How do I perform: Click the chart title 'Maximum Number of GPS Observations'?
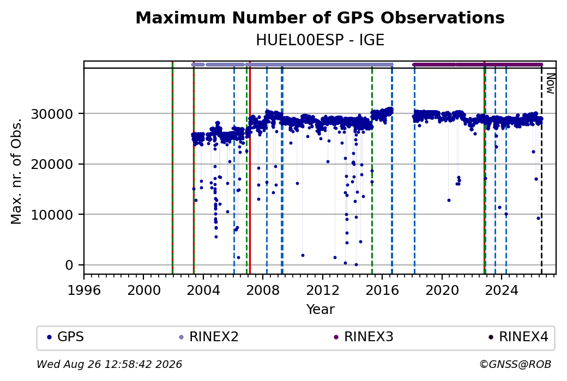(x=319, y=17)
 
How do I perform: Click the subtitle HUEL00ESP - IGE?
(x=319, y=40)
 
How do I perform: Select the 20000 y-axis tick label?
(x=52, y=165)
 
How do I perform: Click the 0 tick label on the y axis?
(x=69, y=265)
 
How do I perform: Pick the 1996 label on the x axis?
(x=84, y=291)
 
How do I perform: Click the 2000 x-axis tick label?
(x=143, y=291)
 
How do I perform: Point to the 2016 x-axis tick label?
(x=382, y=291)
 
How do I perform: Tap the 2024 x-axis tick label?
(x=502, y=291)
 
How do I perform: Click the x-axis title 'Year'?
(x=321, y=310)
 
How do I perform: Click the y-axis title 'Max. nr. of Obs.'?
(x=16, y=171)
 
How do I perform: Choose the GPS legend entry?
(x=66, y=337)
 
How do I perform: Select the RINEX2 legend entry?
(x=209, y=337)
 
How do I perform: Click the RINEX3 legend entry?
(x=364, y=337)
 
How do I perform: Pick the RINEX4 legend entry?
(x=518, y=337)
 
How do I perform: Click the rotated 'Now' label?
(x=550, y=83)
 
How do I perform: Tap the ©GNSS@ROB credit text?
(x=515, y=364)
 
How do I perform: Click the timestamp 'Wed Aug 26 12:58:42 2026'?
(x=109, y=364)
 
